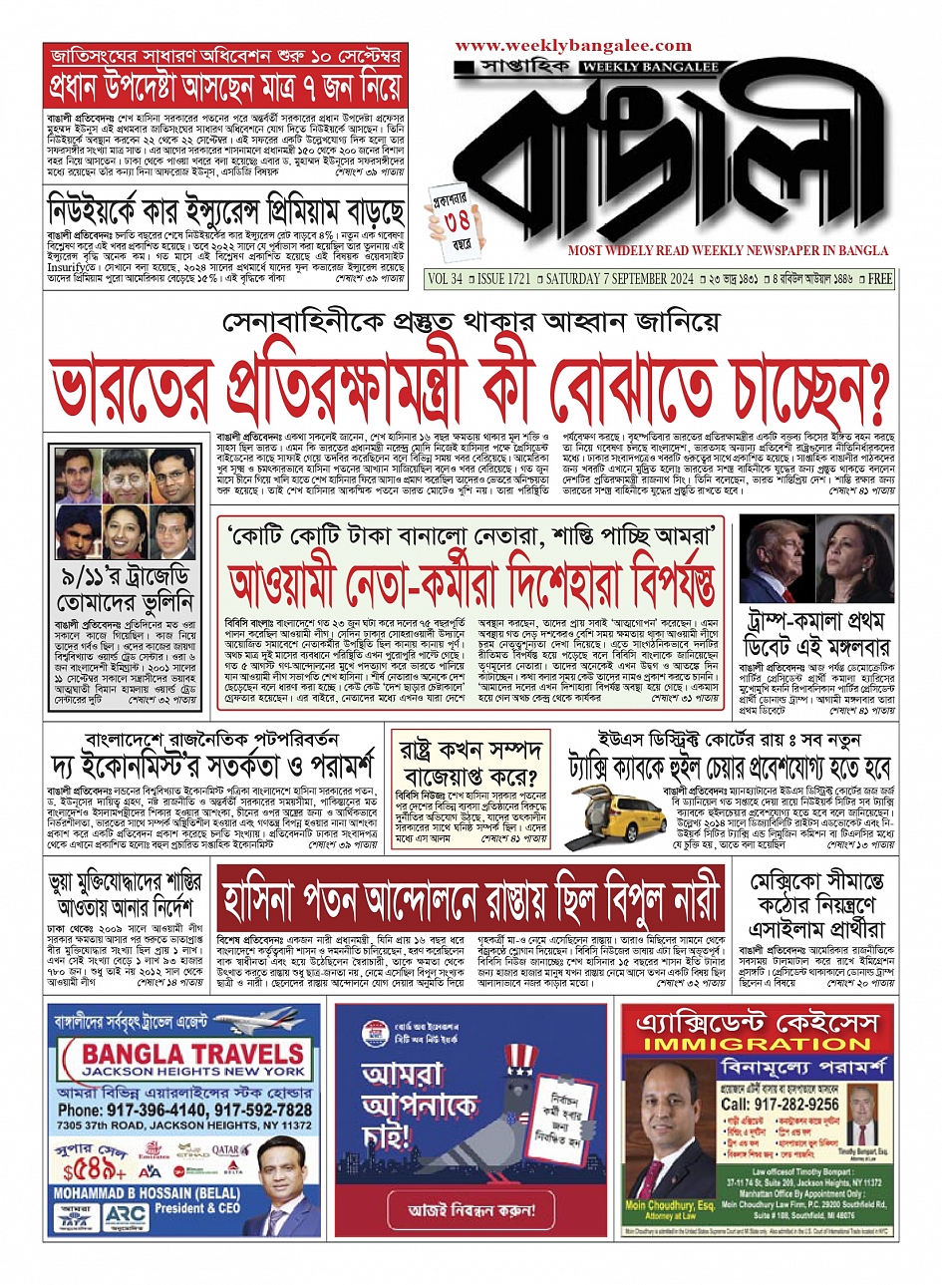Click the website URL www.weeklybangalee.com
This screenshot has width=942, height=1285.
(x=573, y=46)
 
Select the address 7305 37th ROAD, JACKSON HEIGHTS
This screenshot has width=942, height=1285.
(x=170, y=1124)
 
